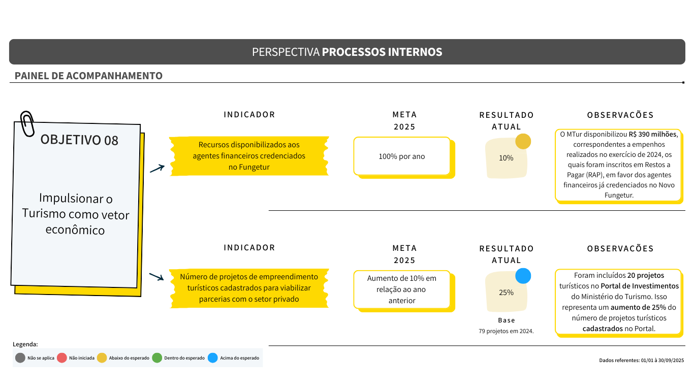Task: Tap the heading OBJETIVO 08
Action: tap(79, 140)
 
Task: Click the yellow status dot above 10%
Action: tap(523, 141)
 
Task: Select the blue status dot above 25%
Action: tap(523, 276)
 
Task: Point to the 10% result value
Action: tap(506, 158)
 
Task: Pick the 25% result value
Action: tap(506, 292)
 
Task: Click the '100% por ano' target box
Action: tap(402, 156)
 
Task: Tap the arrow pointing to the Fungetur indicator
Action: tap(157, 169)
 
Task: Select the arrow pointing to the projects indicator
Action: tap(156, 277)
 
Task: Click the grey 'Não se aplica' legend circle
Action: tap(20, 358)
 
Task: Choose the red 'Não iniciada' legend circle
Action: tap(61, 358)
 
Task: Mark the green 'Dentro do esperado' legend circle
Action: tap(157, 358)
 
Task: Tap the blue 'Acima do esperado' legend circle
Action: tap(213, 358)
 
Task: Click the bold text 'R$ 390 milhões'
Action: tap(653, 134)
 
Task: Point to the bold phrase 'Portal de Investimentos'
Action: tap(640, 286)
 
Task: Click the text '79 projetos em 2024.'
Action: tap(506, 331)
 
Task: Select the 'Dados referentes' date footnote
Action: tap(641, 360)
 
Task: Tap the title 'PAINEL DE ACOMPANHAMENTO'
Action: tap(88, 76)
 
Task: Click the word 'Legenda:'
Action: tap(25, 344)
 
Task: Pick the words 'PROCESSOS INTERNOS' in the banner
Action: tap(382, 52)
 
